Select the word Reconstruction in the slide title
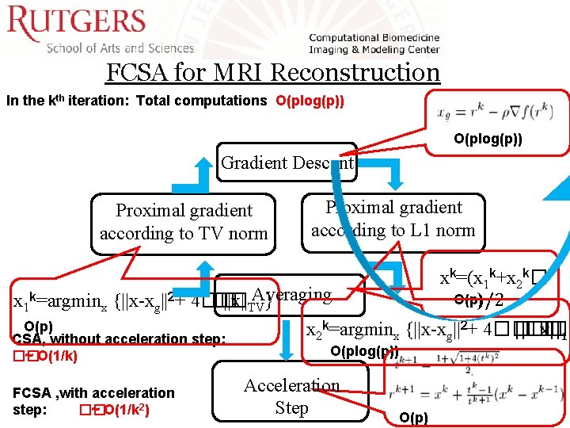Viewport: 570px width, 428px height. pos(355,72)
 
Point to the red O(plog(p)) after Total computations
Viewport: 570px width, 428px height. pos(310,101)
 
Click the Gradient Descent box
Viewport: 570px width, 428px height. pos(287,162)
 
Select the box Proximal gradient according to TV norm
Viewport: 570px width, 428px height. pos(184,222)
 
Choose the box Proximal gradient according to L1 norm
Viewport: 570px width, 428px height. pos(393,220)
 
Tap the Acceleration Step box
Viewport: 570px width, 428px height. pos(291,396)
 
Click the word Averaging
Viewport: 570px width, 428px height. pos(292,294)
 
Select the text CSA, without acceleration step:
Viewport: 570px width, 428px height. pos(120,339)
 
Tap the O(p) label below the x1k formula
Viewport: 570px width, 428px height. pos(38,326)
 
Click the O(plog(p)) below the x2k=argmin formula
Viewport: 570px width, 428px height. pos(364,351)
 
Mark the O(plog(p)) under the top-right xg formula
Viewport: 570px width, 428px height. pos(488,139)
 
